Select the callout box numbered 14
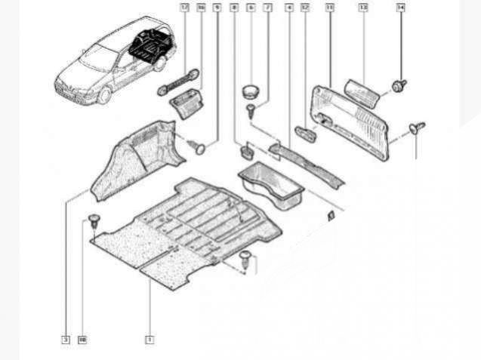coord(400,8)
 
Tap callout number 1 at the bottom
coord(150,340)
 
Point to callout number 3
coord(66,340)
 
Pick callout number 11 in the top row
coord(329,8)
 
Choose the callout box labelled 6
coord(251,8)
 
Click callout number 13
coord(362,8)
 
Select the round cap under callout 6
coord(251,92)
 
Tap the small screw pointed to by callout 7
coord(249,111)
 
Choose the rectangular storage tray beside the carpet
coord(270,189)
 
